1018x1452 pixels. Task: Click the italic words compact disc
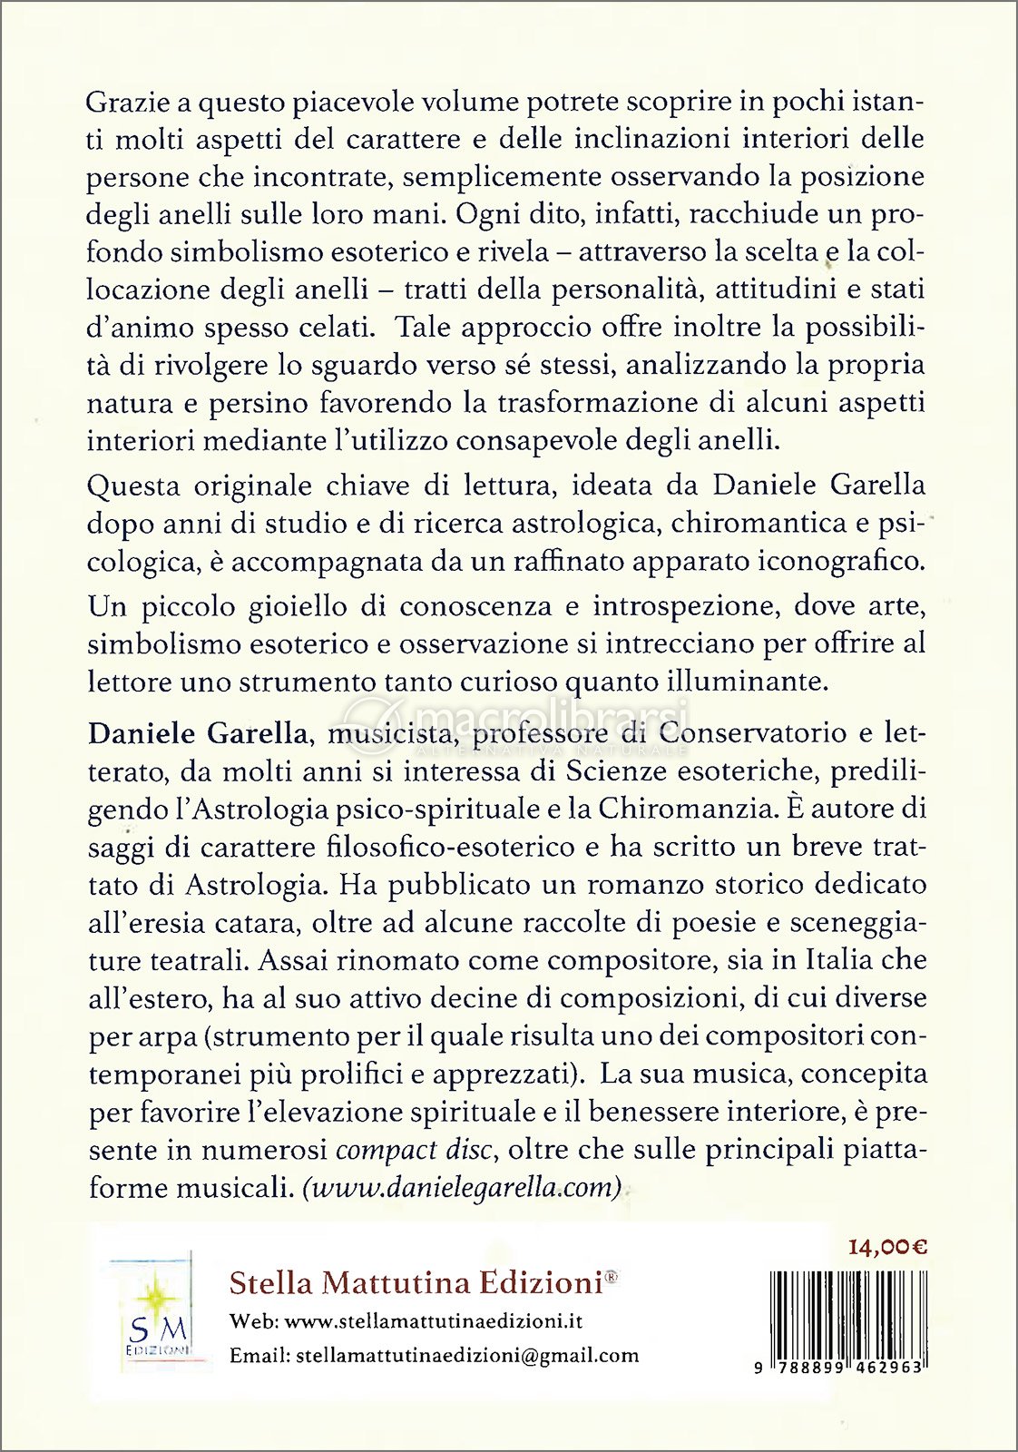pos(414,1150)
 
